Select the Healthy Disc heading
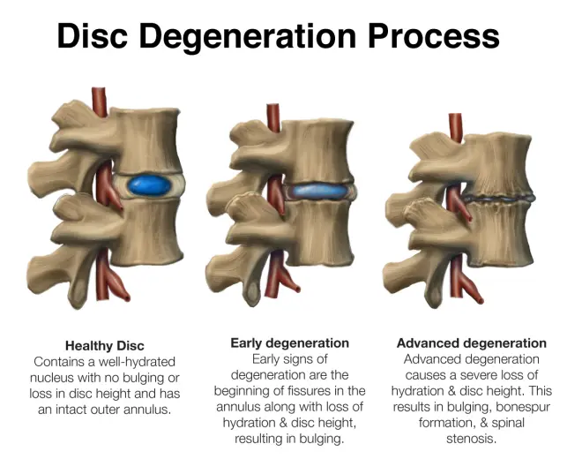pos(104,345)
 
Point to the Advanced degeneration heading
pos(471,342)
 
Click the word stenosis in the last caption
pos(471,439)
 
